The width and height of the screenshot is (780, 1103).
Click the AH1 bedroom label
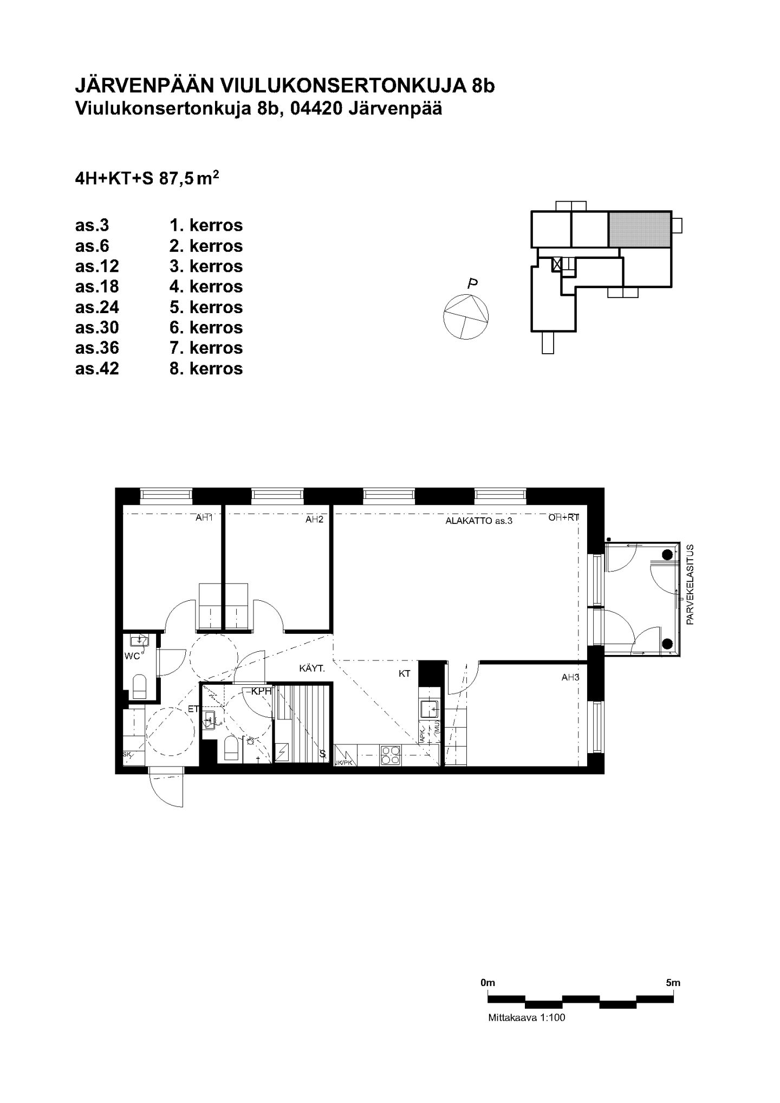(204, 518)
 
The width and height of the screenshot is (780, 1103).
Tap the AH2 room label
(314, 519)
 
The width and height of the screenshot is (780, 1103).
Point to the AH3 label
(570, 677)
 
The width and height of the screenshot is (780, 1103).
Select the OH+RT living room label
(564, 517)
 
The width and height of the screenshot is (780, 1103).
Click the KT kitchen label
(405, 674)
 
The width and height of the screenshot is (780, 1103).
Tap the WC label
(132, 657)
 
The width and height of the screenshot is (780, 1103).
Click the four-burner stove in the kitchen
(391, 755)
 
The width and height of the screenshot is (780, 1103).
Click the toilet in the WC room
(140, 687)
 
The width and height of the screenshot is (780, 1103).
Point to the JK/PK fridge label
(344, 763)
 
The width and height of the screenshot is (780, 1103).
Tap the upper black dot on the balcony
(667, 554)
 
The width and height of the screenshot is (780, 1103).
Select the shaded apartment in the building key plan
(640, 229)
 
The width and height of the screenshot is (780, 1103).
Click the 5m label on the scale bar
(673, 982)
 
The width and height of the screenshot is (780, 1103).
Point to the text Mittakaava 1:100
(526, 1017)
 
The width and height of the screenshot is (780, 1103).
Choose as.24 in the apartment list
(97, 307)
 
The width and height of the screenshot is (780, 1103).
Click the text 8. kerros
(206, 368)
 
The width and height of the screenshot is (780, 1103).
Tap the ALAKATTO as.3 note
(479, 521)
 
